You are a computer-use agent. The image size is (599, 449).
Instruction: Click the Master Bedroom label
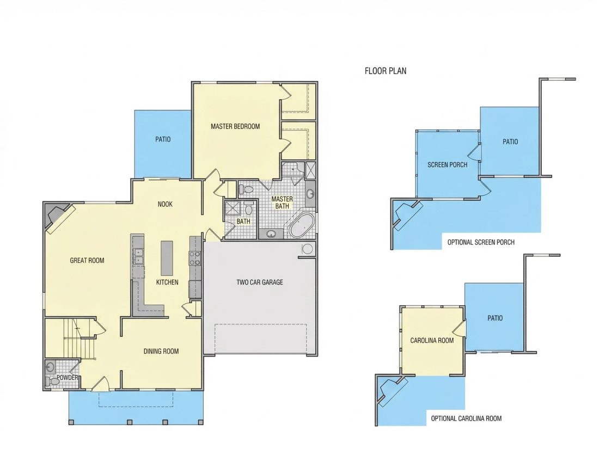(x=235, y=126)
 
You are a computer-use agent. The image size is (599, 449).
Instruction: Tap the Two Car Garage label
(x=260, y=282)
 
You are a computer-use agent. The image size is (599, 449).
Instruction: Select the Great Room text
(x=87, y=260)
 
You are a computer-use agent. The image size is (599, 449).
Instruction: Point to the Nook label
(x=165, y=204)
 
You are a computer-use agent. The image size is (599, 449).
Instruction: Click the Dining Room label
(x=161, y=351)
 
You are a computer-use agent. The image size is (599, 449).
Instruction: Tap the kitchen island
(x=167, y=258)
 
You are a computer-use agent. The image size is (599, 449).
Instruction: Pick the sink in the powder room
(x=50, y=368)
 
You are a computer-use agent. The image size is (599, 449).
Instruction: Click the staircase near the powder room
(x=80, y=339)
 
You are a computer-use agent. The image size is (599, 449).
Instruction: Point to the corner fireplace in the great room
(x=57, y=218)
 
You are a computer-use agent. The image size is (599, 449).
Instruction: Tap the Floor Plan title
(x=386, y=71)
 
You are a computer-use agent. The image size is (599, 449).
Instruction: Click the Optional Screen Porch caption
(x=481, y=242)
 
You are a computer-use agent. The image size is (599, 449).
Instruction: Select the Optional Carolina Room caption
(x=466, y=419)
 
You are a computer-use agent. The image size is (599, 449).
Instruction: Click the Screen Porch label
(x=447, y=165)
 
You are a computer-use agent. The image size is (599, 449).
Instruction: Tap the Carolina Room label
(x=432, y=340)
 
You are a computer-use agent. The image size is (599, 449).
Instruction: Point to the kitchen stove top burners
(x=195, y=258)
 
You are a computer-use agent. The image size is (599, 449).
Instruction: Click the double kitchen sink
(x=138, y=256)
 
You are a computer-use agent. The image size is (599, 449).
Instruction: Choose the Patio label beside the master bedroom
(x=163, y=139)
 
